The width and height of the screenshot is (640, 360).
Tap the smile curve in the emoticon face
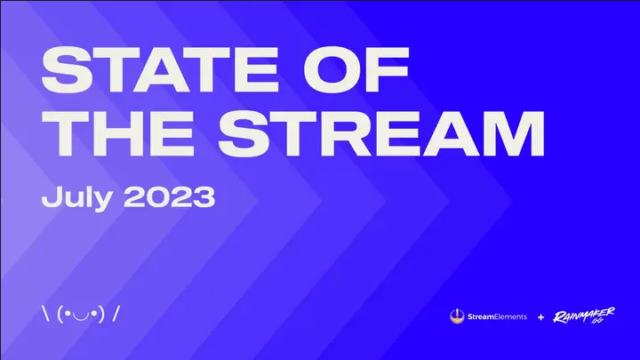pos(81,316)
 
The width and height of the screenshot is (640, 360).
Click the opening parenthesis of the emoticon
pos(59,314)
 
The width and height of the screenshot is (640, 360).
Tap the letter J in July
pos(49,196)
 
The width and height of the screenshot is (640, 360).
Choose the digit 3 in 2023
pos(203,196)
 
